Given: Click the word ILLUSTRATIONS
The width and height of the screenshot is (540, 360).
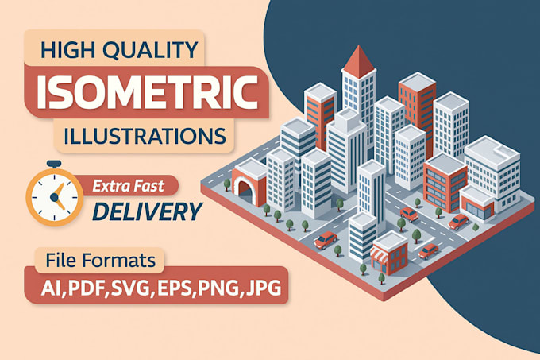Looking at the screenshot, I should [x=141, y=134].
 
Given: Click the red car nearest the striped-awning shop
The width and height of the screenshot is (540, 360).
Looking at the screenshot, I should [x=429, y=251].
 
